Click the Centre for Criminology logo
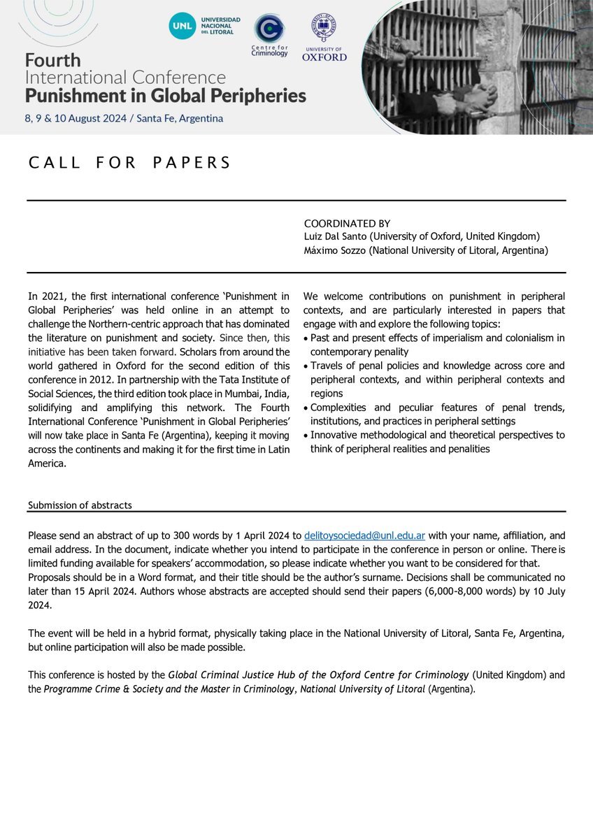pos(269,29)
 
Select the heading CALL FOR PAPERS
pos(129,163)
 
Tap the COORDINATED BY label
pos(347,224)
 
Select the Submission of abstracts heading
pos(80,505)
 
